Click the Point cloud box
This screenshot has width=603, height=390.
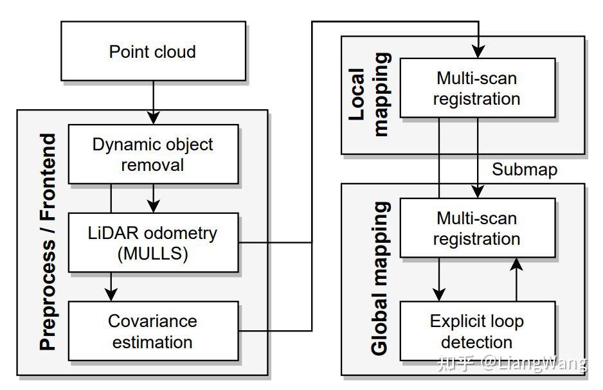pyautogui.click(x=153, y=51)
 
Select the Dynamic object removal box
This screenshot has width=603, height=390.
pyautogui.click(x=153, y=154)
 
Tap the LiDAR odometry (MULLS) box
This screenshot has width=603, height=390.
pyautogui.click(x=153, y=243)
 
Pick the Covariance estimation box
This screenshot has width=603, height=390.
pyautogui.click(x=153, y=331)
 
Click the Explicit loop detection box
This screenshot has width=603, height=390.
pyautogui.click(x=477, y=331)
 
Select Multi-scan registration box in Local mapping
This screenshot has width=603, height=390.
pyautogui.click(x=477, y=88)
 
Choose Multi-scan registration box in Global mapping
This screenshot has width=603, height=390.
pyautogui.click(x=477, y=228)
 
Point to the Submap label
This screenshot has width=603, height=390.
pyautogui.click(x=525, y=170)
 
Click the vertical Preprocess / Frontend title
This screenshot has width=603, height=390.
pyautogui.click(x=48, y=242)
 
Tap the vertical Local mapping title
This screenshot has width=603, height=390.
pyautogui.click(x=370, y=94)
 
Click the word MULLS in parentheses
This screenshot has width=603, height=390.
pyautogui.click(x=153, y=254)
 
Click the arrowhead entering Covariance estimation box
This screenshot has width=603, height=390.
pyautogui.click(x=111, y=295)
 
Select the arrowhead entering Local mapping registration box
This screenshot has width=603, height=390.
pyautogui.click(x=478, y=51)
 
